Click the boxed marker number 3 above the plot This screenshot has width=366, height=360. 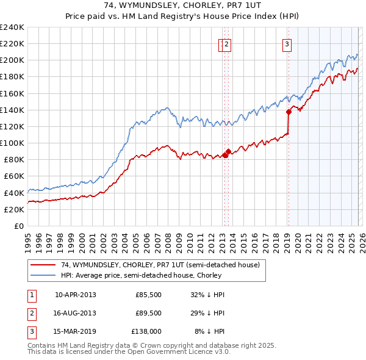point(286,43)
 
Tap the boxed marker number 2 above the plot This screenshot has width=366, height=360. point(226,43)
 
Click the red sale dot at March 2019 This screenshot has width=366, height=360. point(289,112)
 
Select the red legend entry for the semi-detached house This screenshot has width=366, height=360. point(160,265)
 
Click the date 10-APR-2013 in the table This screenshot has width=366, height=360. point(75,294)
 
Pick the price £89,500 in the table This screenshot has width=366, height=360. point(148,313)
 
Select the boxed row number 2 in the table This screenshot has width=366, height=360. point(30,313)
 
